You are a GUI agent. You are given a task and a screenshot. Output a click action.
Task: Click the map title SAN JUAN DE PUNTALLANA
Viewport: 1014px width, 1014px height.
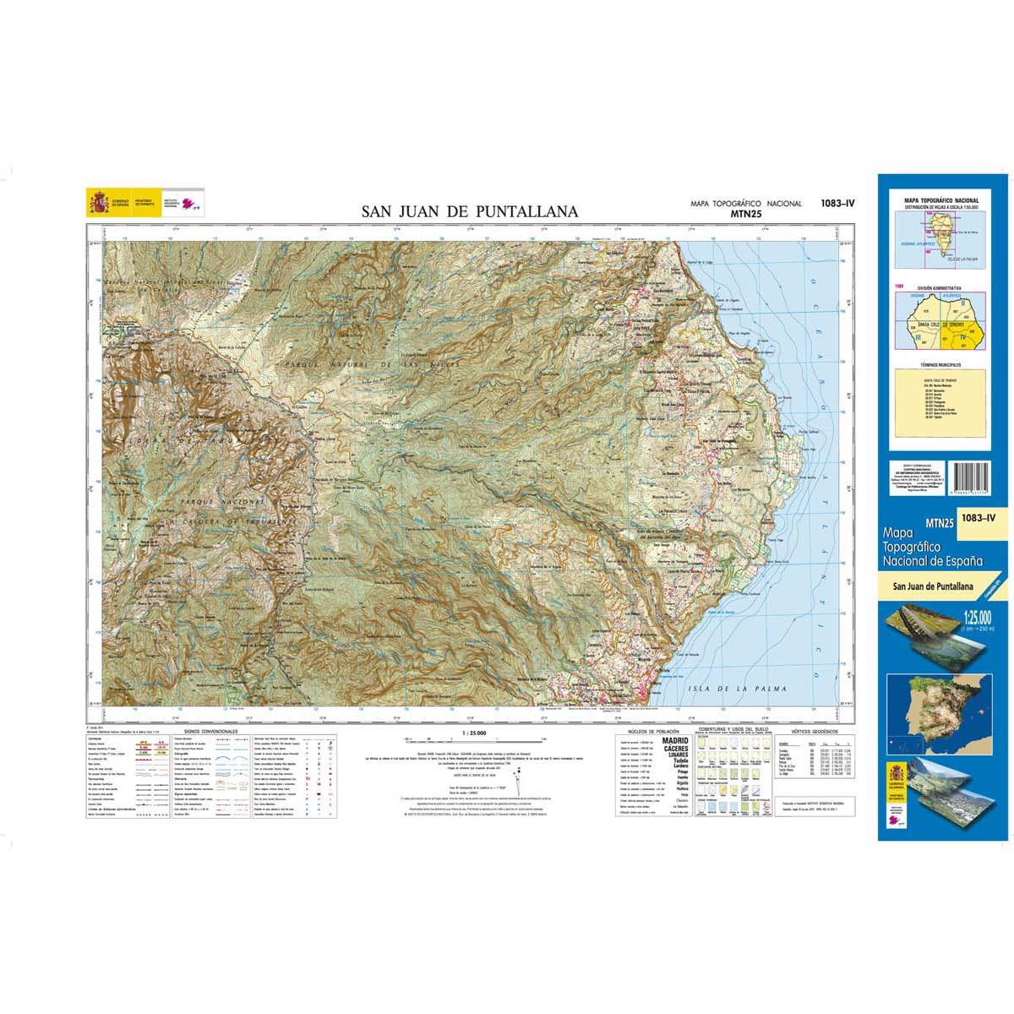470,212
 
